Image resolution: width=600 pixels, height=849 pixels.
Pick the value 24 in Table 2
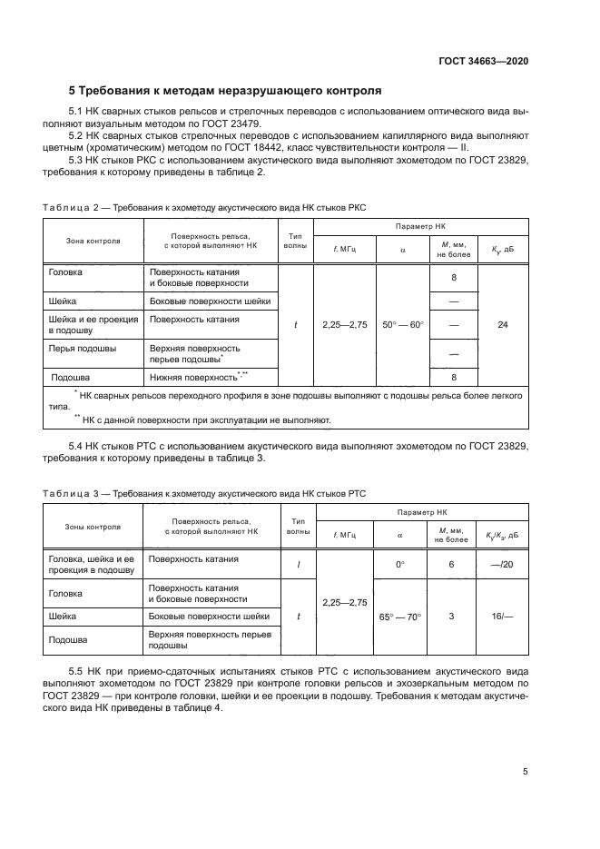(503, 324)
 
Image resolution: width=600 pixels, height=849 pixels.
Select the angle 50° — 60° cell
(399, 324)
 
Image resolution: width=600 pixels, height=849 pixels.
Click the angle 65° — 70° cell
(399, 617)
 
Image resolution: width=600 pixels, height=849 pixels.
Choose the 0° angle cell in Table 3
(399, 564)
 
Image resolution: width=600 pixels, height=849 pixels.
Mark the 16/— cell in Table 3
(502, 617)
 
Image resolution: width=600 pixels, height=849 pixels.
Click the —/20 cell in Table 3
(502, 564)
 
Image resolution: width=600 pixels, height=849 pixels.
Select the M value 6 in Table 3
(451, 564)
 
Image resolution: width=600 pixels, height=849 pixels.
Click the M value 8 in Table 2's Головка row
(452, 278)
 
